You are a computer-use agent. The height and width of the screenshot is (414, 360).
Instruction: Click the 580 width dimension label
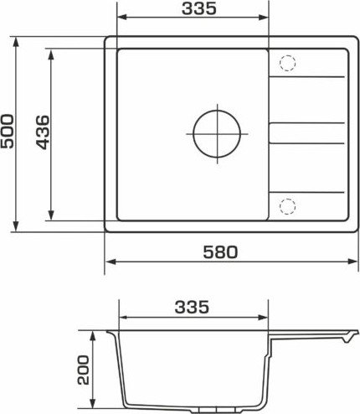point(220,251)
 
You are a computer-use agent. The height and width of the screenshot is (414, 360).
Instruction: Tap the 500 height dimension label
point(8,131)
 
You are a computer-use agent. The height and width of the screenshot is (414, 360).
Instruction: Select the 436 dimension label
point(43,132)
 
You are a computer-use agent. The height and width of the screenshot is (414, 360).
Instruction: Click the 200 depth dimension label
point(84,370)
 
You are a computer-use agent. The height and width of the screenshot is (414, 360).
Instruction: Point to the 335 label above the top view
point(199,8)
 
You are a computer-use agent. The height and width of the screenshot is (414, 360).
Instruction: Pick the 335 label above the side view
point(192,307)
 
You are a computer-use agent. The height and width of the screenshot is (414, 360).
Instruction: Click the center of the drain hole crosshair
point(217,134)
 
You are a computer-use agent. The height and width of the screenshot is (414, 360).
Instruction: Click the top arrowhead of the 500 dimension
point(16,42)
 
